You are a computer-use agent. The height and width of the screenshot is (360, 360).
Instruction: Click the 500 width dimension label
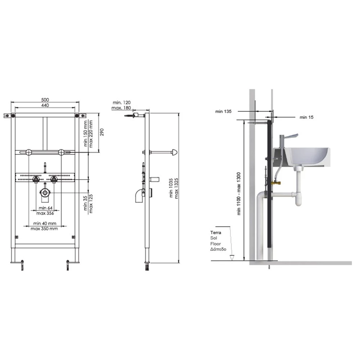tap(45, 100)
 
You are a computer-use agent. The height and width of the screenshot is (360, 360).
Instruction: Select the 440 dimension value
tap(45, 105)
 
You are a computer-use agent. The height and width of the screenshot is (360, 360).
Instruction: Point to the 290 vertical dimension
tap(102, 132)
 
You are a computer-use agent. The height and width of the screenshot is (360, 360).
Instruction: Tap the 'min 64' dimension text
tap(45, 208)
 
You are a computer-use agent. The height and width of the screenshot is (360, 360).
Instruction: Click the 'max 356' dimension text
tap(45, 213)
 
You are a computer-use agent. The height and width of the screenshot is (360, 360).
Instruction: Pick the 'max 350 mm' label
tap(44, 229)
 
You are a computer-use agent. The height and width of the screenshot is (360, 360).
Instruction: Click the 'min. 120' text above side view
tap(121, 103)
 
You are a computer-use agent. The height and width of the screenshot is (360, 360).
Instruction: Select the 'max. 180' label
tap(121, 108)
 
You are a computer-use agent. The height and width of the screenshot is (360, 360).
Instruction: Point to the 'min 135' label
tap(224, 112)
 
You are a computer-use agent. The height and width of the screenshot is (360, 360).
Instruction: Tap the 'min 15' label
tap(306, 117)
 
